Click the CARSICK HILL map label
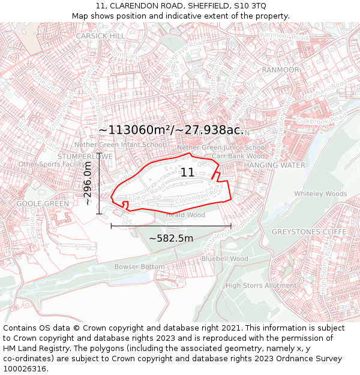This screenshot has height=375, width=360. coord(100,36)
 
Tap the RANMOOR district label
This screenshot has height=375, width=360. coord(280,70)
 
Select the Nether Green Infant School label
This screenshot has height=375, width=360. coord(119,145)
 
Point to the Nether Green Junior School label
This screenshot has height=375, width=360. coord(221,147)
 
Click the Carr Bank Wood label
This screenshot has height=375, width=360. coord(239,156)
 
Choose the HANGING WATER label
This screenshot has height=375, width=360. coord(274,165)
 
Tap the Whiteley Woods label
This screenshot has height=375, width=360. coord(320,194)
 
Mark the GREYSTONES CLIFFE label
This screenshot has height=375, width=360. coord(309,232)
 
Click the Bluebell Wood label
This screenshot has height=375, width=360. coord(224,259)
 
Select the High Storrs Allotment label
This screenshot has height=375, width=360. coord(261,286)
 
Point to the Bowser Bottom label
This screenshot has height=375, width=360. coord(139,266)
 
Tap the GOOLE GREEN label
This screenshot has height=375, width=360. coord(43,203)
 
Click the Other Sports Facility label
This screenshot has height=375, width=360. coord(52,164)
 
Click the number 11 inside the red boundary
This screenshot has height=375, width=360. coord(187,173)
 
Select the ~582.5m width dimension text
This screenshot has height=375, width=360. coord(171,238)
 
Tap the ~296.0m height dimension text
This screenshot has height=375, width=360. coord(88,184)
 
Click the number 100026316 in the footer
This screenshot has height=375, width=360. coord(26,369)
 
